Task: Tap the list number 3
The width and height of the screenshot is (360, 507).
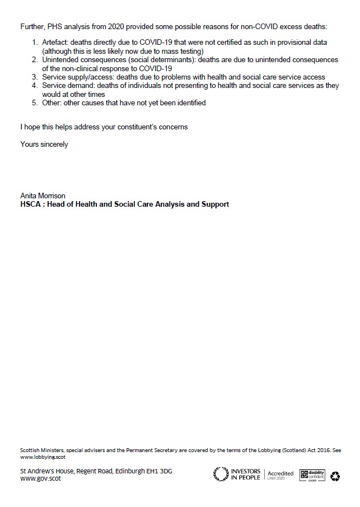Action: pyautogui.click(x=35, y=77)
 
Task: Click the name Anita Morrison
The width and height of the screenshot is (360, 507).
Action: pyautogui.click(x=43, y=196)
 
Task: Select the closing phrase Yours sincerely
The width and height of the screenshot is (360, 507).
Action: pyautogui.click(x=44, y=144)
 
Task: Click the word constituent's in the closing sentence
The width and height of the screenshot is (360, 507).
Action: pyautogui.click(x=132, y=127)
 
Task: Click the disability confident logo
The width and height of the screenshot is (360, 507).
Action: pyautogui.click(x=312, y=475)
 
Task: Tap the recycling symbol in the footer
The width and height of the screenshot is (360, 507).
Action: pyautogui.click(x=335, y=476)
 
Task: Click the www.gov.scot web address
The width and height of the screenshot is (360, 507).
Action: pyautogui.click(x=40, y=479)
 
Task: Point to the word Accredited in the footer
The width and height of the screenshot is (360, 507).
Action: pyautogui.click(x=279, y=473)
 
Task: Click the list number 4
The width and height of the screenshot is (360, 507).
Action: pyautogui.click(x=35, y=86)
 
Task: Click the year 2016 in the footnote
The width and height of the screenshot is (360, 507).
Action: pyautogui.click(x=324, y=450)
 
